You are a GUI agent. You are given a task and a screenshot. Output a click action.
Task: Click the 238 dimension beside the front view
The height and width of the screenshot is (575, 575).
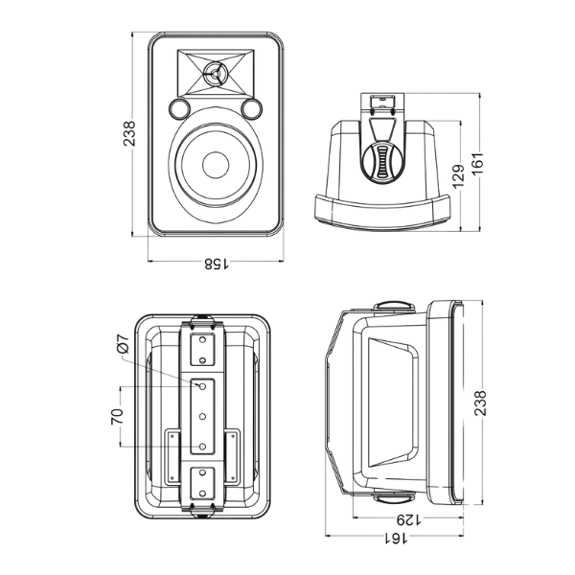pyautogui.click(x=127, y=134)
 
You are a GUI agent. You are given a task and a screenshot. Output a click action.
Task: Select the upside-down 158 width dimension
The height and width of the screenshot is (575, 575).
pyautogui.click(x=215, y=263)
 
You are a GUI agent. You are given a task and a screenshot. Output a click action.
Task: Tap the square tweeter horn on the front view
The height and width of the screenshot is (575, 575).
pyautogui.click(x=217, y=73)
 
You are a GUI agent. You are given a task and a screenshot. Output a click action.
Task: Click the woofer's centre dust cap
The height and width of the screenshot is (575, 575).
pyautogui.click(x=216, y=165)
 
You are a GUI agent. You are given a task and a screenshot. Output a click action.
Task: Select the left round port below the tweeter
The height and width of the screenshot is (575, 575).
pyautogui.click(x=180, y=109)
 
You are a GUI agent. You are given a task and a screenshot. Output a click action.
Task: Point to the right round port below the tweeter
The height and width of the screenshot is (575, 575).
pyautogui.click(x=252, y=109)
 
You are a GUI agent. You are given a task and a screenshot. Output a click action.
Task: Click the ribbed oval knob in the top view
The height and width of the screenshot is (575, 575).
pyautogui.click(x=383, y=161)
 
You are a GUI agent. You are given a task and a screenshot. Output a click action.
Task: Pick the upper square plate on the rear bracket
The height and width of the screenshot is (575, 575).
pyautogui.click(x=202, y=349)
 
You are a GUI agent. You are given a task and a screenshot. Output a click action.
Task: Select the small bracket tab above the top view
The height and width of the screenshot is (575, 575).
pyautogui.click(x=383, y=100)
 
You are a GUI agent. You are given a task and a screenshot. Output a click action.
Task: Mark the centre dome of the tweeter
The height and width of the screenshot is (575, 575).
pyautogui.click(x=217, y=73)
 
